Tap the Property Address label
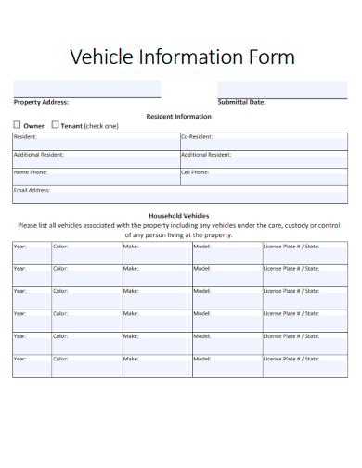point(41,102)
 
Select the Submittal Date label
point(241,102)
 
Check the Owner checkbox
point(17,124)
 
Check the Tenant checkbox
point(55,124)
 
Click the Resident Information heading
point(179,116)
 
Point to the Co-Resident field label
point(195,136)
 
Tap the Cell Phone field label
point(195,171)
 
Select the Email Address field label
point(32,190)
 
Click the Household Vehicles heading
point(179,215)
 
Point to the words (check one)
point(101,125)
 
